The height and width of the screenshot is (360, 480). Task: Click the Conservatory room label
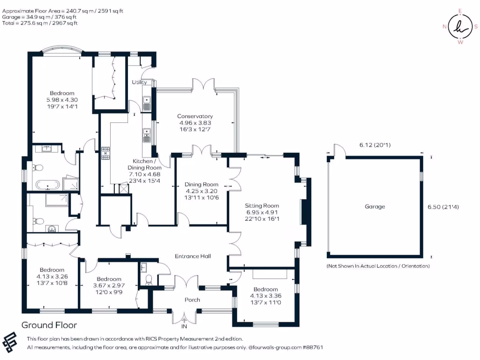(195, 116)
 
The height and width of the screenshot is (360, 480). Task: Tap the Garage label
(375, 207)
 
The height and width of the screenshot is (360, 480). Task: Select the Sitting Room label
(262, 206)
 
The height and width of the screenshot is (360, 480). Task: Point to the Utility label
(139, 82)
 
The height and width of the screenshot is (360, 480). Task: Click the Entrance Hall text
(193, 256)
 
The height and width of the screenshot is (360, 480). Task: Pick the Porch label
(192, 300)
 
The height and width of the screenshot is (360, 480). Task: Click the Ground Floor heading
(49, 325)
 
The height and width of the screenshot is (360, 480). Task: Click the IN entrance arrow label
(184, 327)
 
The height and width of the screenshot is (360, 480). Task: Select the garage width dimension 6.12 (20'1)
(375, 145)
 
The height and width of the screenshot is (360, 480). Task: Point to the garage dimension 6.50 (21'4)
(443, 207)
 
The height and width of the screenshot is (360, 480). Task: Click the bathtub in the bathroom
(47, 185)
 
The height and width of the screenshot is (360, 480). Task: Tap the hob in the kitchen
(105, 154)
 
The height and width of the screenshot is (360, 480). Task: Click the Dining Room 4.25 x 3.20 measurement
(202, 191)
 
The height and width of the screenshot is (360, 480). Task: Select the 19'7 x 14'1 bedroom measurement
(62, 106)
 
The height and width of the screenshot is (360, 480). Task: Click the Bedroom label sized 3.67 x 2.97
(109, 279)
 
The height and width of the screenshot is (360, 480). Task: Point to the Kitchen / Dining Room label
(144, 165)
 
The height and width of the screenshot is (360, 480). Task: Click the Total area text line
(40, 23)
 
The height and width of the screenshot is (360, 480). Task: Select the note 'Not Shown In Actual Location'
(378, 266)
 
